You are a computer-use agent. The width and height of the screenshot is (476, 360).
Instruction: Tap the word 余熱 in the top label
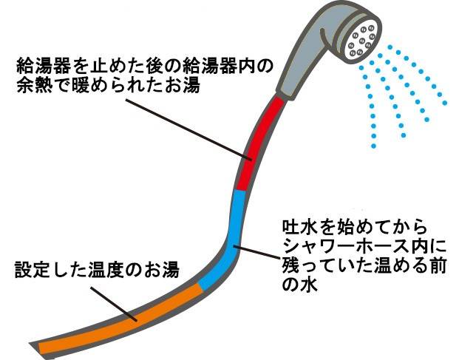[30, 85]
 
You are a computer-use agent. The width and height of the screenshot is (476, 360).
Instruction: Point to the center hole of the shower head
[362, 39]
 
